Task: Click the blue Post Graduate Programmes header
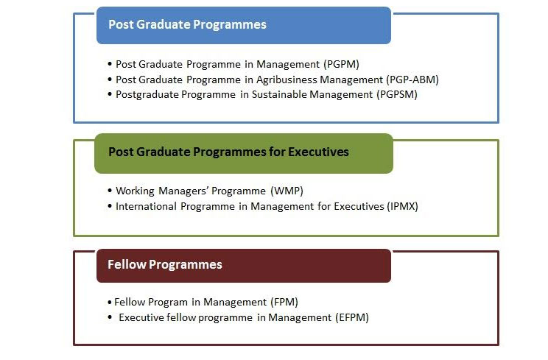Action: [244, 26]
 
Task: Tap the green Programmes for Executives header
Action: [244, 153]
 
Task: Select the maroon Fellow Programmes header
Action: [244, 266]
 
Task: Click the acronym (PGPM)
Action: [342, 64]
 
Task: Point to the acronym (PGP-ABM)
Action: [412, 80]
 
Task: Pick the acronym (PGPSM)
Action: [397, 95]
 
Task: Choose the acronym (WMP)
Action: [287, 191]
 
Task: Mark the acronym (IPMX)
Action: [403, 206]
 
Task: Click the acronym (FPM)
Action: [284, 302]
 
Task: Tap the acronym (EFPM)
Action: [352, 317]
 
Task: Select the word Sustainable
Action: [278, 95]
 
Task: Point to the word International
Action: [146, 206]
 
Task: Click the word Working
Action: [135, 191]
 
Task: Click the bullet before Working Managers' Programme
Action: [110, 191]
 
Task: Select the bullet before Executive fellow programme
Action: [110, 317]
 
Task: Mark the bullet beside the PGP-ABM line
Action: [110, 80]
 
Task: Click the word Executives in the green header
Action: [318, 152]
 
